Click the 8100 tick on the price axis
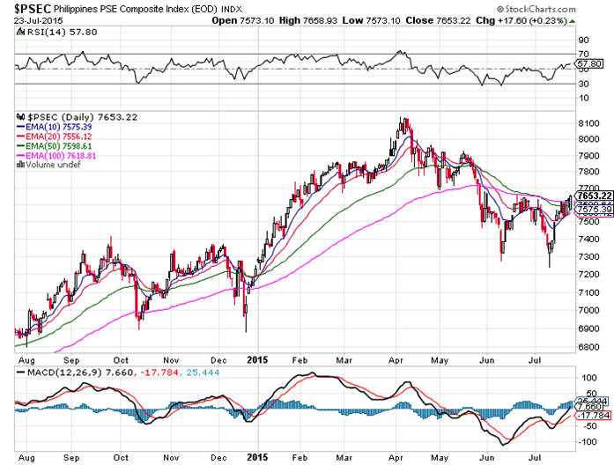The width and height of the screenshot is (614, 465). click(x=589, y=123)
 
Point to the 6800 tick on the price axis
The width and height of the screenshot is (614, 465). click(x=589, y=346)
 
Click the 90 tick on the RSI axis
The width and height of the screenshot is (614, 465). click(x=583, y=40)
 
